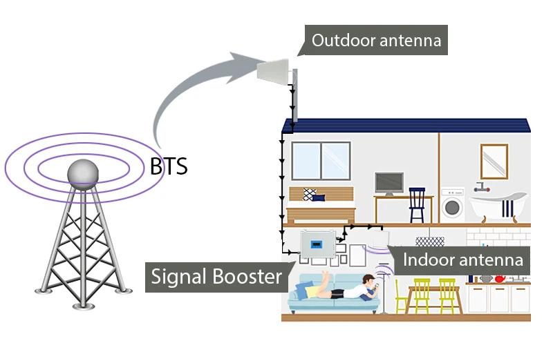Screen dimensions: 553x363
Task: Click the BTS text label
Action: [x=169, y=166]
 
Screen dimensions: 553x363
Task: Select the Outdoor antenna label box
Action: [x=376, y=40]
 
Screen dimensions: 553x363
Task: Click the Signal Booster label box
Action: [x=216, y=277]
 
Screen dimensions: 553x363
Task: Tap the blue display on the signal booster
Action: [x=317, y=244]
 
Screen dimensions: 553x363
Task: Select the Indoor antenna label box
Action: [x=462, y=260]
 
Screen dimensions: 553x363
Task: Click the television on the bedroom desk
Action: [x=389, y=183]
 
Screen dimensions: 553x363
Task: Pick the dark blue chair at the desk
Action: [x=417, y=205]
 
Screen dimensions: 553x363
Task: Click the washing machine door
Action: [x=452, y=207]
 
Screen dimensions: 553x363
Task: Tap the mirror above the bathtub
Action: [x=494, y=161]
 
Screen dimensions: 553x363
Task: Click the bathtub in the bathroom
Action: [x=498, y=206]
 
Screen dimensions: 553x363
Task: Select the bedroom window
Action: [x=321, y=161]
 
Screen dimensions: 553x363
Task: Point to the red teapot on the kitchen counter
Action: [x=500, y=279]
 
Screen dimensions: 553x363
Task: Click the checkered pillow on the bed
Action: [x=310, y=195]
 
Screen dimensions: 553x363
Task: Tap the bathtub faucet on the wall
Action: [x=481, y=187]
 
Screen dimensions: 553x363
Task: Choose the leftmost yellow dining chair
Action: [x=401, y=297]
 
